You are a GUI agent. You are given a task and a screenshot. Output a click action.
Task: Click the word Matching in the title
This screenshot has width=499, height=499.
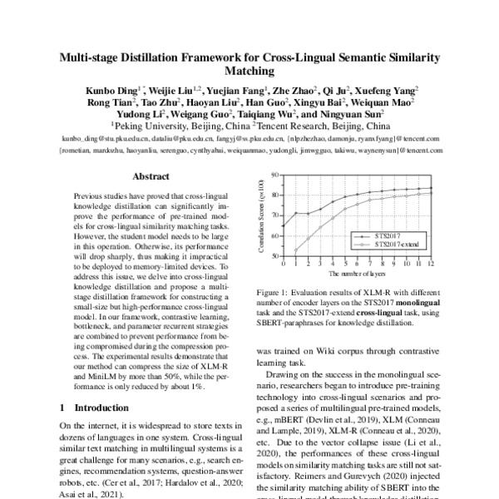coord(249,72)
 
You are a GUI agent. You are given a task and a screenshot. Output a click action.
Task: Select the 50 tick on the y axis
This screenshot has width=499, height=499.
coord(274,256)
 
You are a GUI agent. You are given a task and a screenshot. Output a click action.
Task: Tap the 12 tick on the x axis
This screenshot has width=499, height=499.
coord(431,264)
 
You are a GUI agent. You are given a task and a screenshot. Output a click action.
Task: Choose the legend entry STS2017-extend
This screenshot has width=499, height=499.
coord(399,245)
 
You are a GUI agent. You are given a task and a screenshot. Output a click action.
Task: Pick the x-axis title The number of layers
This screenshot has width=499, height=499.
coord(356,273)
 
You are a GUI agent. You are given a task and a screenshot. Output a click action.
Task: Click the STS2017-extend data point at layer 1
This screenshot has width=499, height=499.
coord(294,250)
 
